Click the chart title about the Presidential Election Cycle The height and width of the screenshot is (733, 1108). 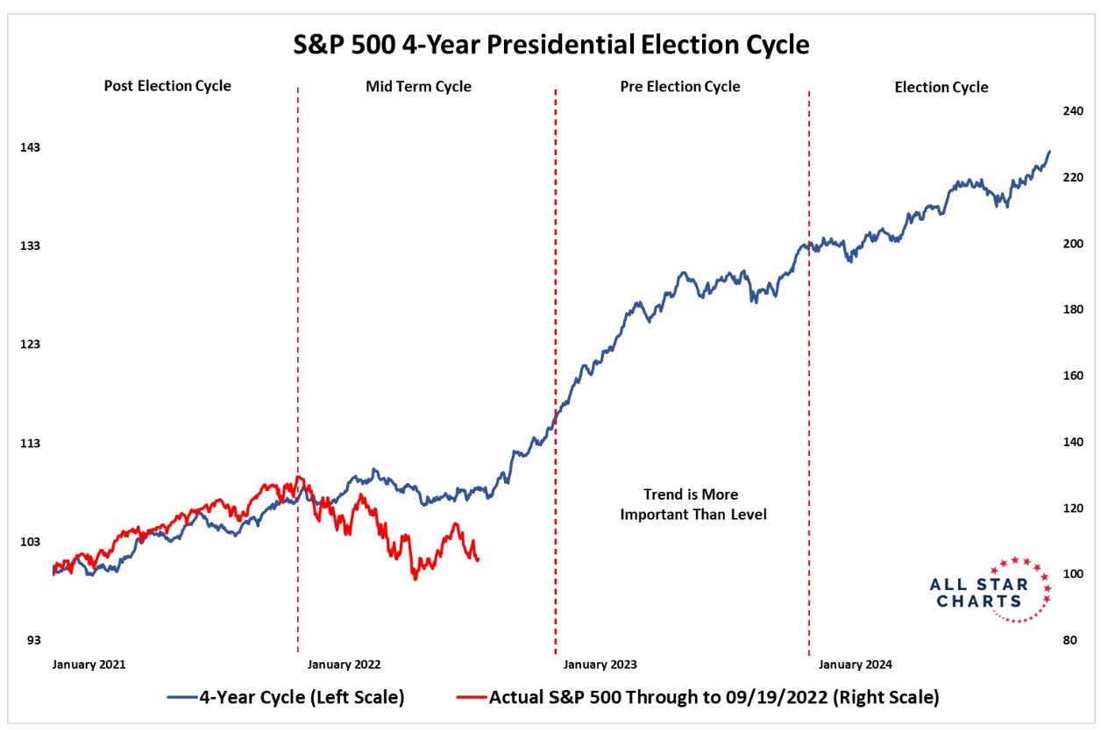click(x=551, y=45)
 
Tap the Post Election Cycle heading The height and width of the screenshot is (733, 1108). click(x=167, y=86)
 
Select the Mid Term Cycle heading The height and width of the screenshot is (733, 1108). click(x=418, y=86)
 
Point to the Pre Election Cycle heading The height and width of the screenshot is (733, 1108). click(x=680, y=86)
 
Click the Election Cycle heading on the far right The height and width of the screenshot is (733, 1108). click(x=941, y=87)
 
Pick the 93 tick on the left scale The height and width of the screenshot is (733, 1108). click(x=31, y=640)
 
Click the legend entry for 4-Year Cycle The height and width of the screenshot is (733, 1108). click(x=286, y=698)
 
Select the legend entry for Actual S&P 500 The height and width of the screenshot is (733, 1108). click(x=698, y=698)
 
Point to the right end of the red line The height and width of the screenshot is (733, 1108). click(x=478, y=560)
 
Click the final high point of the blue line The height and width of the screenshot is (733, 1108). click(x=1050, y=152)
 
